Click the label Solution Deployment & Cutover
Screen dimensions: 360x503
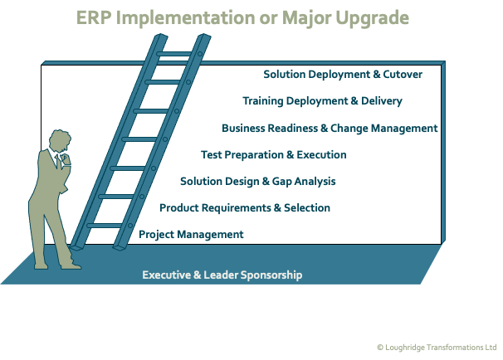[343, 75]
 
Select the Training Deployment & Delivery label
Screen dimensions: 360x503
[322, 101]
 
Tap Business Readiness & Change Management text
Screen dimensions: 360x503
[329, 129]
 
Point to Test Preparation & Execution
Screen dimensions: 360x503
[273, 155]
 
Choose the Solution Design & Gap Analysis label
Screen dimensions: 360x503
[257, 182]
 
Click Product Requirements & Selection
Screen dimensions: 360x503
[245, 208]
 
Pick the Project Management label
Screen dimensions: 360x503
[191, 235]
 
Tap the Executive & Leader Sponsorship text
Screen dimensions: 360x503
[222, 275]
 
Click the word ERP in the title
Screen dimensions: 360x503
[92, 17]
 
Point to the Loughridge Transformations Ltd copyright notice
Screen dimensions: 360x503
[435, 348]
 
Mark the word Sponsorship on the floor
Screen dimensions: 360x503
[267, 275]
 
